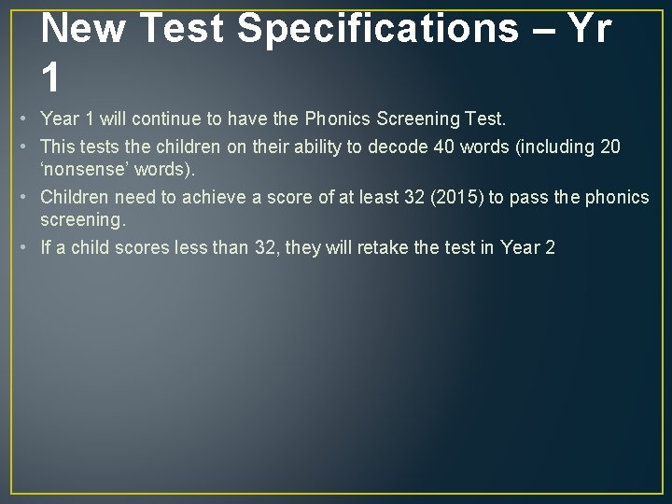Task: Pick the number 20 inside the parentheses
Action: (x=607, y=147)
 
